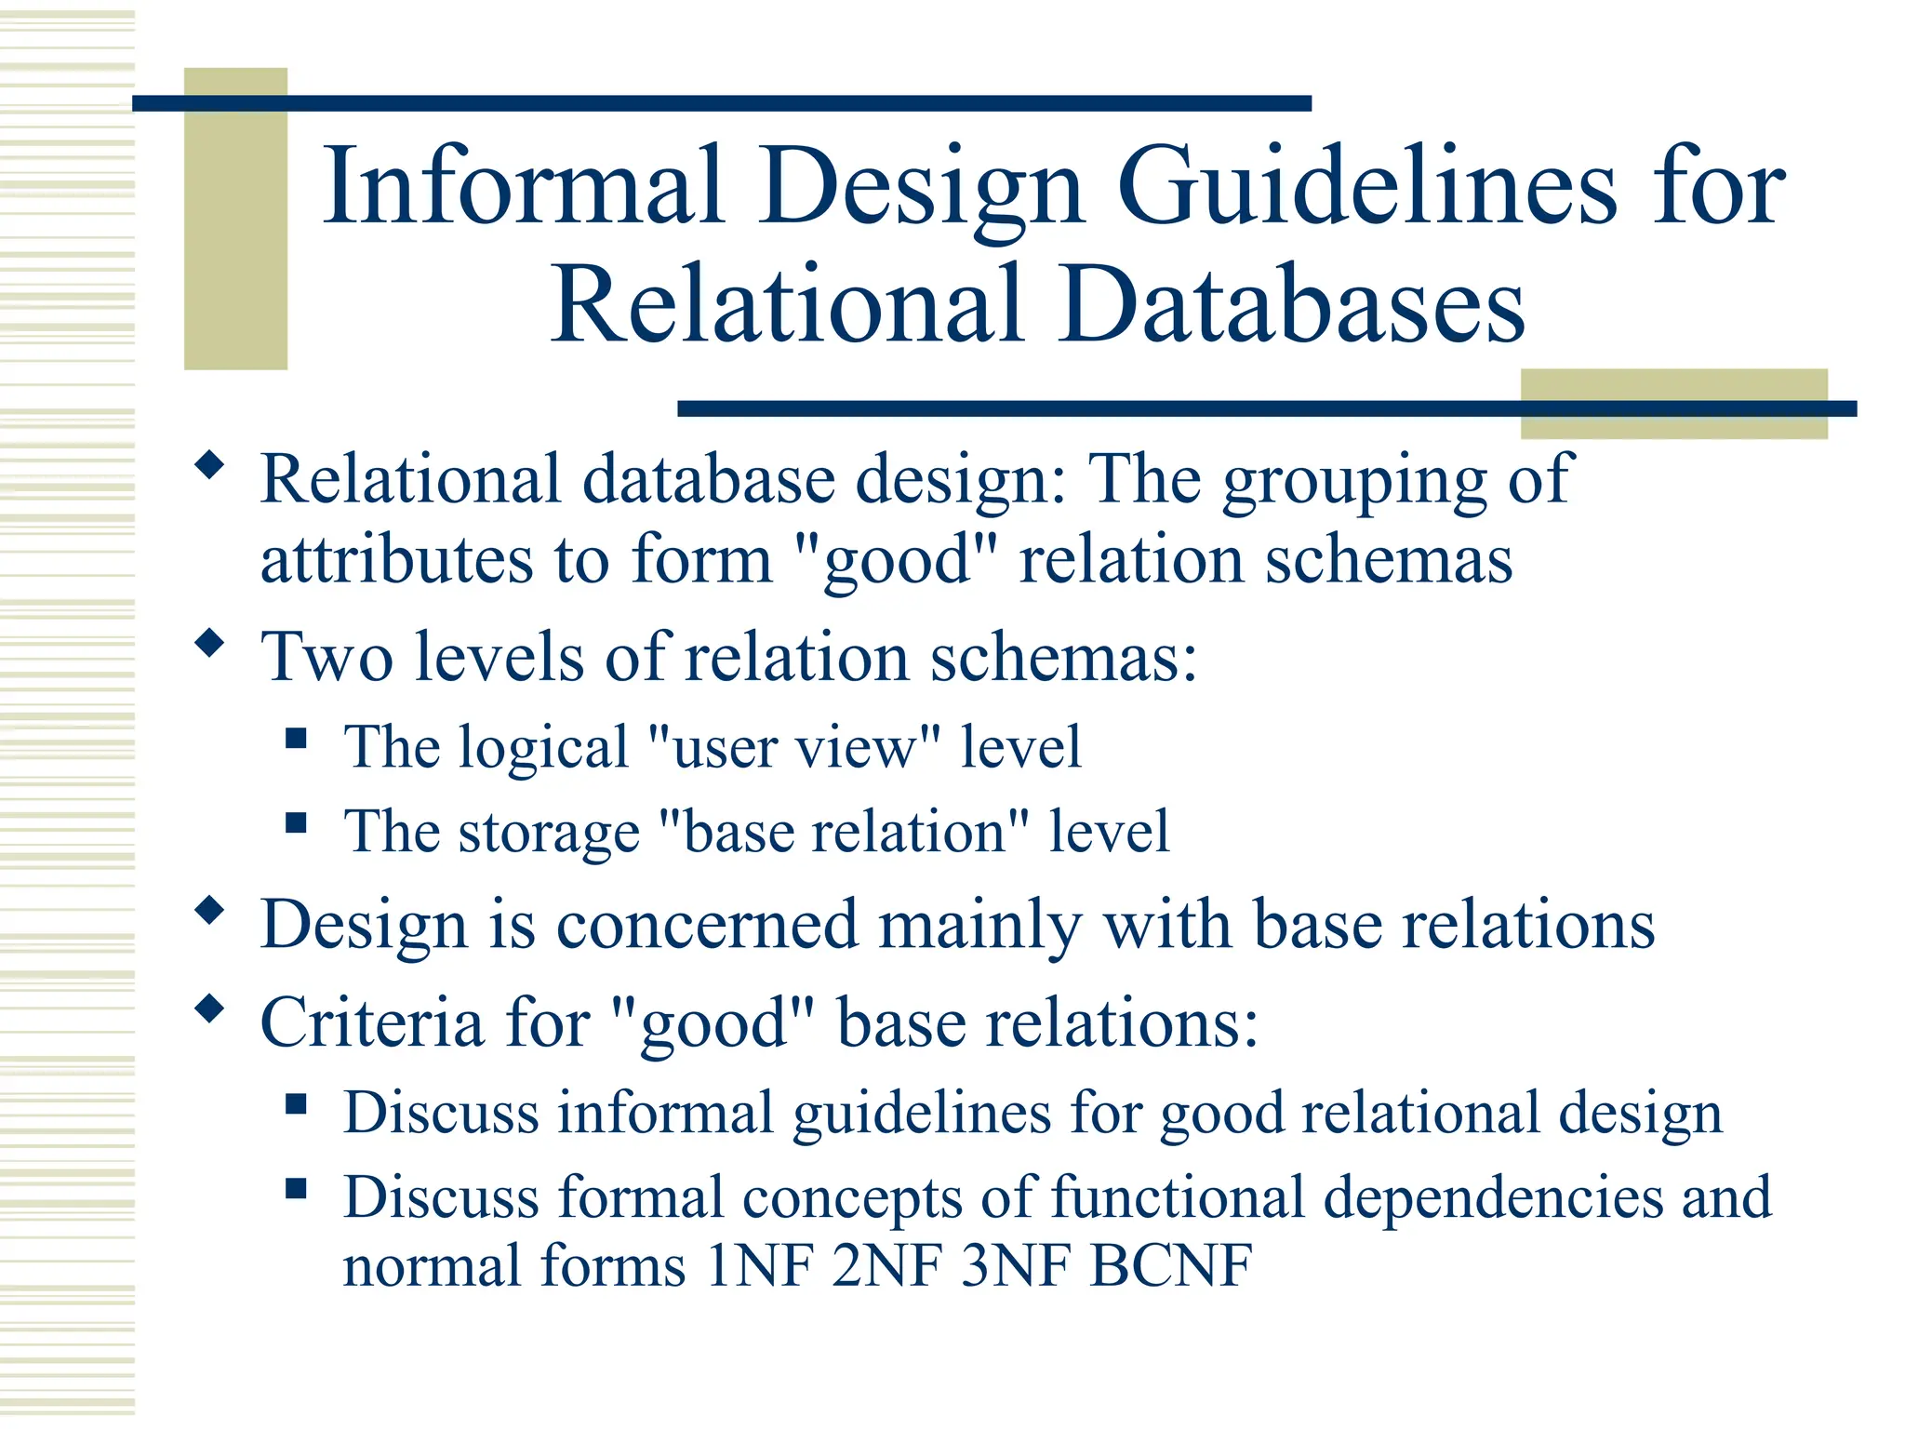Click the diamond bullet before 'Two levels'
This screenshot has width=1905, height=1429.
pyautogui.click(x=210, y=643)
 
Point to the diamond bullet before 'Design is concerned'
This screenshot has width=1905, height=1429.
pyautogui.click(x=210, y=911)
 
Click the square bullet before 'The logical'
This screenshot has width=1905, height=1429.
pyautogui.click(x=297, y=739)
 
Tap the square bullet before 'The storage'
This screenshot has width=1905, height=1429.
pyautogui.click(x=297, y=822)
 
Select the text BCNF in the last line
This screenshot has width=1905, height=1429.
pyautogui.click(x=1172, y=1265)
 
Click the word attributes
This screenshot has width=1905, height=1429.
pyautogui.click(x=396, y=560)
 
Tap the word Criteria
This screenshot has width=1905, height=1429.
pyautogui.click(x=372, y=1022)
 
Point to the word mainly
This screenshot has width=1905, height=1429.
pyautogui.click(x=980, y=926)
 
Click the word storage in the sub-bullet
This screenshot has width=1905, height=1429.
pyautogui.click(x=549, y=832)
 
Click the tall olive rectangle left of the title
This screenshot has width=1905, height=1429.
pyautogui.click(x=235, y=219)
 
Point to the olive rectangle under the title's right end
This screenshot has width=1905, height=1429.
pyautogui.click(x=1673, y=403)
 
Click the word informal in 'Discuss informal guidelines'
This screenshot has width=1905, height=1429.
pyautogui.click(x=665, y=1113)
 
